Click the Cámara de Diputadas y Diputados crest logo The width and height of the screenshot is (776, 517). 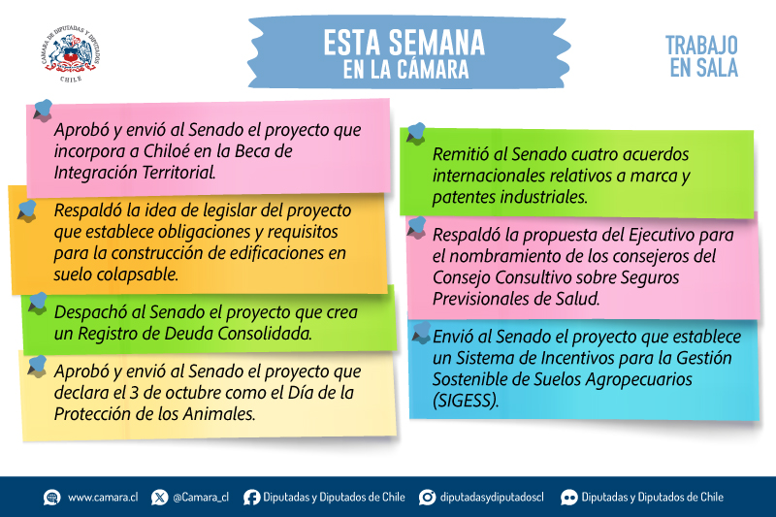(71, 53)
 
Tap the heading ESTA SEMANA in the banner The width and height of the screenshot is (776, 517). (404, 43)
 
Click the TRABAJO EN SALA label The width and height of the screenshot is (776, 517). (701, 56)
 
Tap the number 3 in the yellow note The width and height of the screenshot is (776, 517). (134, 392)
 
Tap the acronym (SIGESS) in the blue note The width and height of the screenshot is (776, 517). (466, 401)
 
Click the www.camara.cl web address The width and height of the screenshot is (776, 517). (103, 498)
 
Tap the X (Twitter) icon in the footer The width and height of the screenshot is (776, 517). (159, 498)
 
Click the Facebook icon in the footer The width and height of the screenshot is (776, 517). (251, 498)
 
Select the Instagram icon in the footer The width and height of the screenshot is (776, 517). (427, 498)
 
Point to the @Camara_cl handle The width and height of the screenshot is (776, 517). (201, 498)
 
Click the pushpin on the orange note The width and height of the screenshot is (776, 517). (28, 210)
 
